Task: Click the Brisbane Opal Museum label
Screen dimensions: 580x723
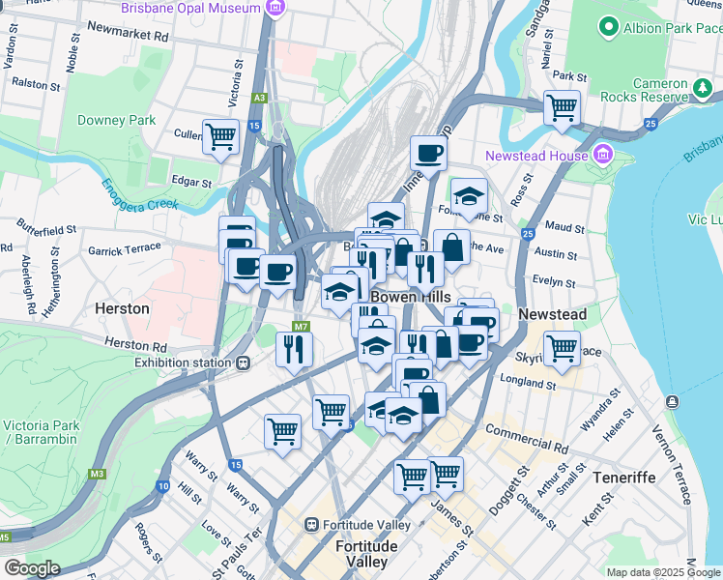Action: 190,8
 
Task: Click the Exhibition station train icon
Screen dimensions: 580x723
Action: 243,363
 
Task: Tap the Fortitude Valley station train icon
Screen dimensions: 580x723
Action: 311,525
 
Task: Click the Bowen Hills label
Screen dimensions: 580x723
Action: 403,296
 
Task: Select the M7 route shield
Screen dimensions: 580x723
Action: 301,328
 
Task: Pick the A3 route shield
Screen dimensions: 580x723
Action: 259,97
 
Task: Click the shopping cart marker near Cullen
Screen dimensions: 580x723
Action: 220,135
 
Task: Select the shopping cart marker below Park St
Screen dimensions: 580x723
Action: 561,107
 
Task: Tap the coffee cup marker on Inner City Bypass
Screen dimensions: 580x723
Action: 427,152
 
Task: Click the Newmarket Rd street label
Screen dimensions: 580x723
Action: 127,33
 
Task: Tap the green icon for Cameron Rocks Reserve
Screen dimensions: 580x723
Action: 704,90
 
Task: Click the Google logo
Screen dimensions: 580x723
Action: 33,568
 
